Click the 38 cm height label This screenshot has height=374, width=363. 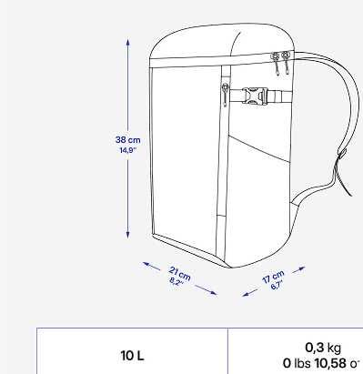pyautogui.click(x=127, y=139)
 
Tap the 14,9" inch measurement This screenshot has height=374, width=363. pyautogui.click(x=127, y=150)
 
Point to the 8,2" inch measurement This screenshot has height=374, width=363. pyautogui.click(x=176, y=281)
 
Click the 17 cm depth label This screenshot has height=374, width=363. pyautogui.click(x=273, y=275)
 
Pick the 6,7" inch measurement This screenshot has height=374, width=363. pyautogui.click(x=277, y=284)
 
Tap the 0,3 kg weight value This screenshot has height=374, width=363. pyautogui.click(x=323, y=347)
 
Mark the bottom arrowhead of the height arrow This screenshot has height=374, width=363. pyautogui.click(x=127, y=236)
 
